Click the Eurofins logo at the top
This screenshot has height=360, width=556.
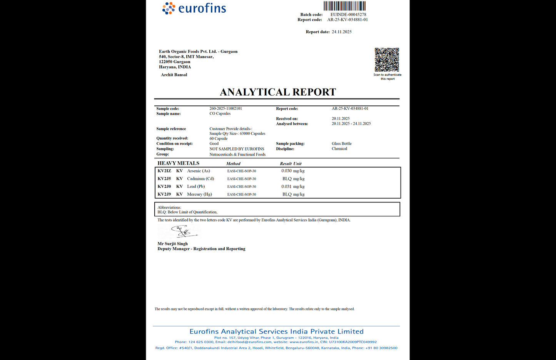coord(194,8)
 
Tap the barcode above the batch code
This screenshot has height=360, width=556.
coord(344,6)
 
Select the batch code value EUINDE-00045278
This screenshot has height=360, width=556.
coord(348,15)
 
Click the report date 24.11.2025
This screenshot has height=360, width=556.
coord(342,32)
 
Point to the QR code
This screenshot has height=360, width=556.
coord(387,60)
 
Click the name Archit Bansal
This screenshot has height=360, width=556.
coord(174,75)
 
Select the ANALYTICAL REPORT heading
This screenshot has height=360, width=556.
coord(278,92)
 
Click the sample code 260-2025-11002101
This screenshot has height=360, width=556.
coord(225,109)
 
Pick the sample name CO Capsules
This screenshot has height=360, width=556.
coord(220,114)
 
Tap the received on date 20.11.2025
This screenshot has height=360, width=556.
coord(341,119)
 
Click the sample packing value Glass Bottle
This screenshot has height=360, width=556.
coord(342,144)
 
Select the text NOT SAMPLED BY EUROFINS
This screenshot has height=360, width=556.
coord(237,149)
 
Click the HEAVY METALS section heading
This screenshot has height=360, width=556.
coord(178,163)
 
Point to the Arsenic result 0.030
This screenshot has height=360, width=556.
coord(286,171)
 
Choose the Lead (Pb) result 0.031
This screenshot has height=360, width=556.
coord(286,187)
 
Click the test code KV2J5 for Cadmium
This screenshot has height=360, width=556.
coord(164,179)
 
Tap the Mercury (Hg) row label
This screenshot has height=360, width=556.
coord(199,194)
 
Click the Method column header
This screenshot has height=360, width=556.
coord(233,164)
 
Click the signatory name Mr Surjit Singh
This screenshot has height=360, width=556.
coord(173,244)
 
